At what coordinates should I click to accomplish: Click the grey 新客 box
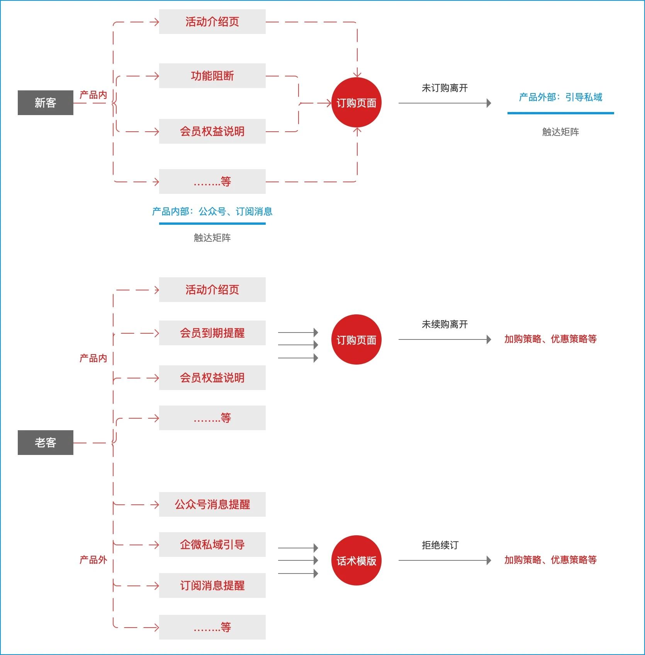[46, 103]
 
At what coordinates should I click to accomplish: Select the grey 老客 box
[46, 443]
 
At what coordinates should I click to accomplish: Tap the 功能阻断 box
[212, 76]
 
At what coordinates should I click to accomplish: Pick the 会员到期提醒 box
[212, 333]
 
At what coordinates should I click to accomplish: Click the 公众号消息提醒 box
[212, 504]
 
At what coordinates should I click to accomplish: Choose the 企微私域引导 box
[212, 545]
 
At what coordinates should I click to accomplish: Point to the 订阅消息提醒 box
[212, 585]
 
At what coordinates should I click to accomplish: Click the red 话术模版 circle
[356, 560]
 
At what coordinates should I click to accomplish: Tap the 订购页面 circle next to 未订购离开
[356, 103]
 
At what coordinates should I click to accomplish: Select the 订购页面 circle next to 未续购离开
[356, 339]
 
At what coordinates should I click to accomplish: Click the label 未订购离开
[445, 88]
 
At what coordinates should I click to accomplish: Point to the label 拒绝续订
[440, 545]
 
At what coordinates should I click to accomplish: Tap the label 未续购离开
[445, 324]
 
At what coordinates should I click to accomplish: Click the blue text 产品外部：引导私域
[560, 97]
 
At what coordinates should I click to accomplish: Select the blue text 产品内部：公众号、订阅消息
[212, 211]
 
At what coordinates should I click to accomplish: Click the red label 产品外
[93, 560]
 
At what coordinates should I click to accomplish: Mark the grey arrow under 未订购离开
[444, 103]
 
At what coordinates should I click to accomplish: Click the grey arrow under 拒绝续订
[444, 560]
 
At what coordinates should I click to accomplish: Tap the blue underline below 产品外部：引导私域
[560, 113]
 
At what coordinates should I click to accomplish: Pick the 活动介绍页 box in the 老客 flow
[212, 290]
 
